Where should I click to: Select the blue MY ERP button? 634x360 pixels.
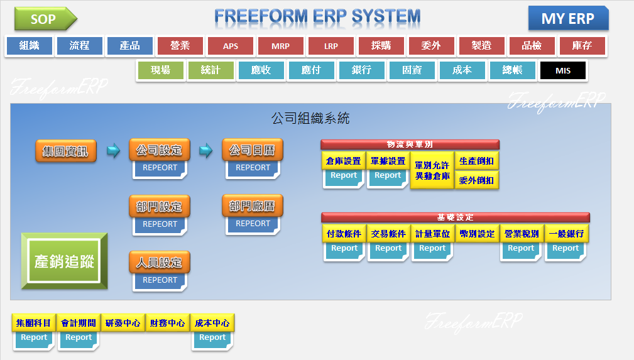[568, 19]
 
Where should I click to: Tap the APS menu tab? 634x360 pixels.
[230, 46]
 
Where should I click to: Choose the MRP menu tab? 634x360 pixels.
[280, 46]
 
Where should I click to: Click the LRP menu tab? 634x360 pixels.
[331, 46]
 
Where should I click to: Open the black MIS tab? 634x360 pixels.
[562, 71]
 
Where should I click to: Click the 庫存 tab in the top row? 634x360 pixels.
[582, 46]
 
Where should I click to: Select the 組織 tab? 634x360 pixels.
[29, 46]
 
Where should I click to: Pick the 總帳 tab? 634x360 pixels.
[512, 71]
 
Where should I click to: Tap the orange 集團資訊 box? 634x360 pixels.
[65, 151]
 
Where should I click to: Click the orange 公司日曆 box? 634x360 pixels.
[253, 151]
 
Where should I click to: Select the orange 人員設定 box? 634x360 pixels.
[159, 263]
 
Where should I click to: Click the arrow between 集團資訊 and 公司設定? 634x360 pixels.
[113, 151]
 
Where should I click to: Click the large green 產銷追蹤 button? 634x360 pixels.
[64, 261]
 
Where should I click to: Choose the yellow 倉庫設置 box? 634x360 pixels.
[343, 161]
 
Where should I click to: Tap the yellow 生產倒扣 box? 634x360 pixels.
[476, 161]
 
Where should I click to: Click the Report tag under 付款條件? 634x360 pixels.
[344, 248]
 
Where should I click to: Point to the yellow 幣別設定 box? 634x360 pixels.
[477, 234]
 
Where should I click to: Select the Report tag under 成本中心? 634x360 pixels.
[212, 337]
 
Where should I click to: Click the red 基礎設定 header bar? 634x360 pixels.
[456, 217]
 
